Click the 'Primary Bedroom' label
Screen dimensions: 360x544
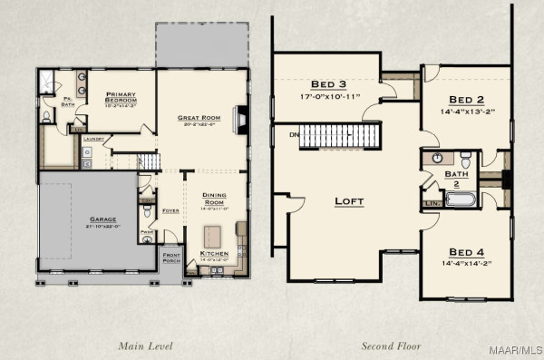pyautogui.click(x=120, y=97)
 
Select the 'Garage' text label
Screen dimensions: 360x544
pyautogui.click(x=102, y=220)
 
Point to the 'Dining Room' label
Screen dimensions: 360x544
pyautogui.click(x=214, y=197)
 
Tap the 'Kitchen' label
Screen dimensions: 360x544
pyautogui.click(x=214, y=255)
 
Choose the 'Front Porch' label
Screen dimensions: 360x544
pyautogui.click(x=172, y=258)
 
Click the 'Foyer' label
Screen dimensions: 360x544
pyautogui.click(x=170, y=210)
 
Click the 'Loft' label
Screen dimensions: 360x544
pyautogui.click(x=349, y=200)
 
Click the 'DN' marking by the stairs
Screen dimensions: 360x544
pyautogui.click(x=293, y=134)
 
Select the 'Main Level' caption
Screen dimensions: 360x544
pyautogui.click(x=146, y=345)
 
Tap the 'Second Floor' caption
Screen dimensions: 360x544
pyautogui.click(x=391, y=345)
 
